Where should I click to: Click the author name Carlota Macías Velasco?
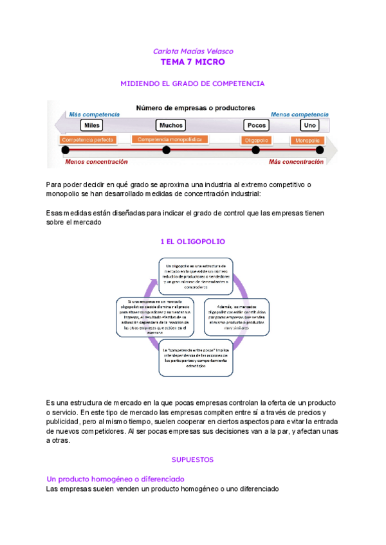coord(192,51)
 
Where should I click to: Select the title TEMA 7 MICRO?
coord(192,62)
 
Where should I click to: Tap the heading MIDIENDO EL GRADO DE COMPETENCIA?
coord(193,84)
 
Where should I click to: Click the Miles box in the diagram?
coord(92,125)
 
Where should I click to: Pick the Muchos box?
coord(170,125)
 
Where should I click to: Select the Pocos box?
coord(257,125)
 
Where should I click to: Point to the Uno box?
coord(310,125)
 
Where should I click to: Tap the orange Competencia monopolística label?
coord(170,139)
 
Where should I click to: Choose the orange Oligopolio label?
coord(256,140)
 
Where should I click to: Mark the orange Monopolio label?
coord(308,140)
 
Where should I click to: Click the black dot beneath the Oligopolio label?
coord(255,150)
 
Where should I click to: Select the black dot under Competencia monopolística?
coord(166,150)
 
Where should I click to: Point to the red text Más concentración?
coord(296,162)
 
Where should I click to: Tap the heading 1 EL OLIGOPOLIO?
coord(192,242)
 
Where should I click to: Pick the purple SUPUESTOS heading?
coord(192,460)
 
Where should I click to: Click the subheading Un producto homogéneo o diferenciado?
coord(116,479)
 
